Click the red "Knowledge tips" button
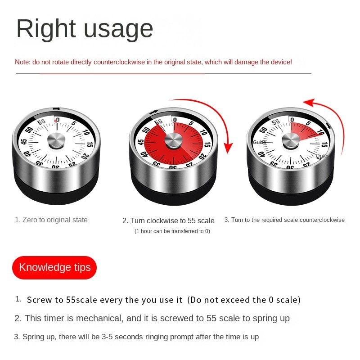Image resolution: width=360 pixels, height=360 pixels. (54, 268)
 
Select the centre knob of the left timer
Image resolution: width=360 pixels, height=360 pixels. (56, 140)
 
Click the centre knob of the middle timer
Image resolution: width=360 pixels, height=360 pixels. (173, 141)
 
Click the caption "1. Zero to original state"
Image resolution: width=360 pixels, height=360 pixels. (51, 220)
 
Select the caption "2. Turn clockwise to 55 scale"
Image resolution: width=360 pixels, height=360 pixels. (168, 221)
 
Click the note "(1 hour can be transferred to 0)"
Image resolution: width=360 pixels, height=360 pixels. (172, 231)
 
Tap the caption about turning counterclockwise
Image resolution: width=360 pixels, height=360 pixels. (284, 220)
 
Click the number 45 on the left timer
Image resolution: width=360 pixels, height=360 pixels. (24, 142)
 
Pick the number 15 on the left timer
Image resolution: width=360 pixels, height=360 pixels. (90, 144)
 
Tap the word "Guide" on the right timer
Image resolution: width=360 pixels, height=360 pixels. (259, 142)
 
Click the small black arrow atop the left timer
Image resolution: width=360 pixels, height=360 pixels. (56, 108)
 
